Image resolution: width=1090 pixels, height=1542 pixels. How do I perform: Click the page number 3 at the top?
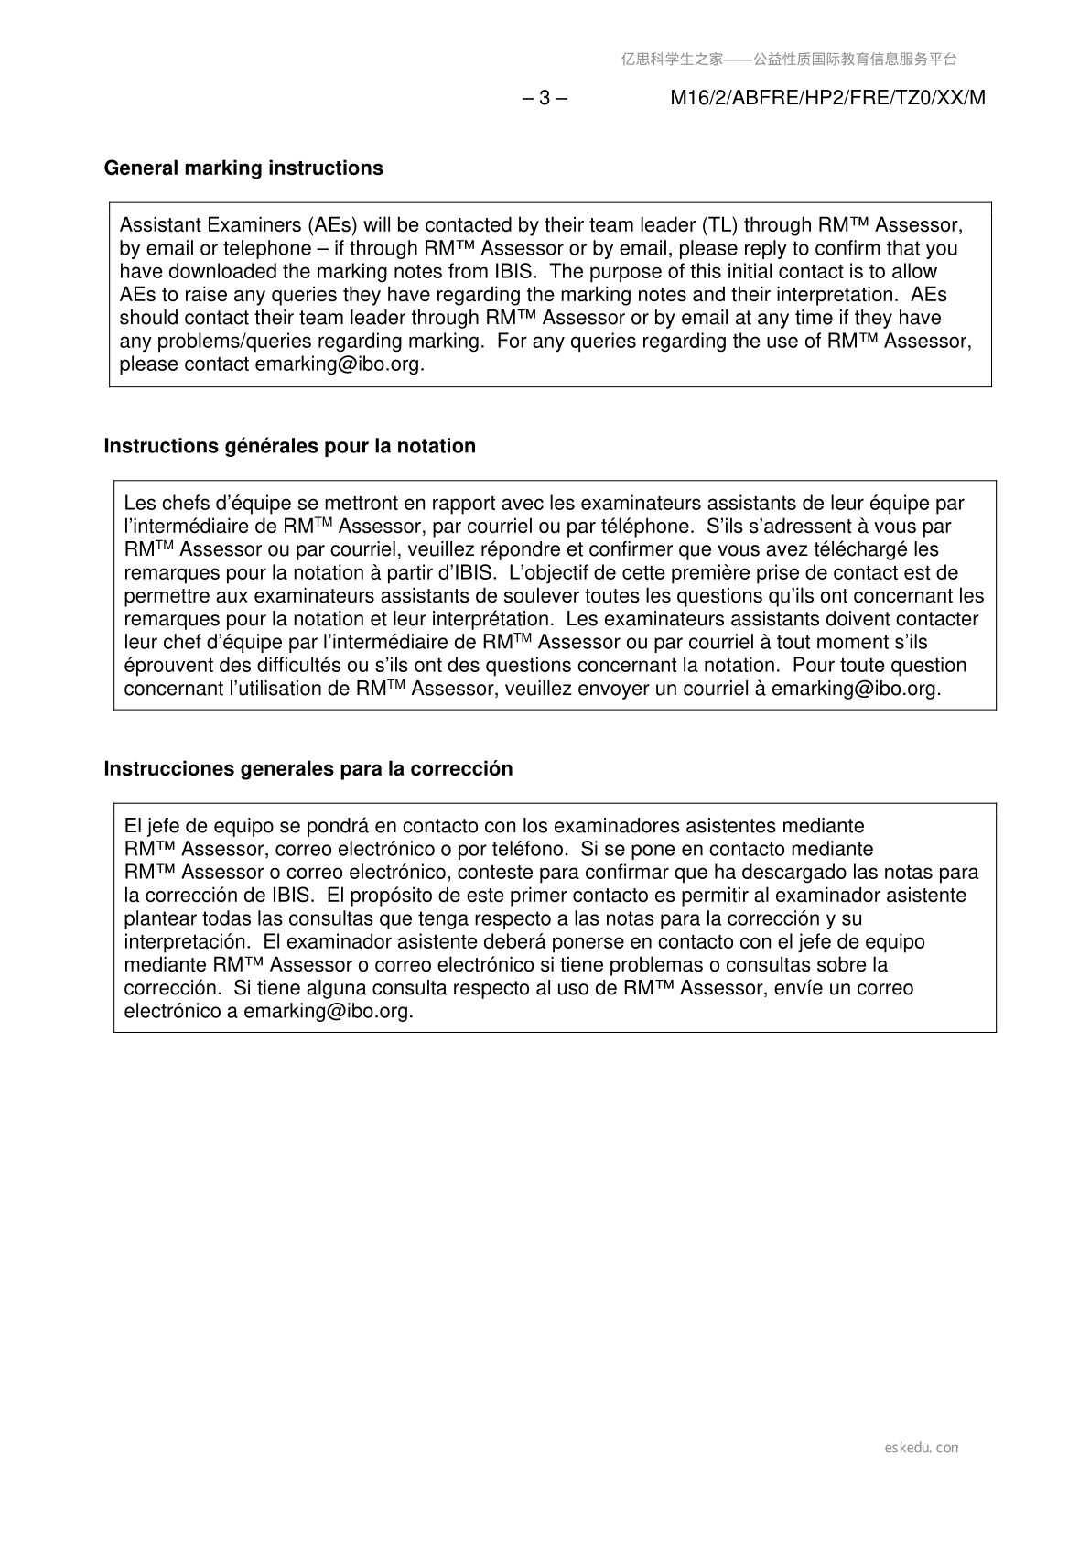click(545, 98)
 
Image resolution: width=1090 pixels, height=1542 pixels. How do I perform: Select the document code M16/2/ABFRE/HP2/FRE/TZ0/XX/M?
click(827, 98)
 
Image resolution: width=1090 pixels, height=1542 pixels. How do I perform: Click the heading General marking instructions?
click(243, 168)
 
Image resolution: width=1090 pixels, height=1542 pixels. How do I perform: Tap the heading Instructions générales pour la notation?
click(289, 446)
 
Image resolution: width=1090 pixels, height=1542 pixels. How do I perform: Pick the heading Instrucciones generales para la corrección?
click(308, 768)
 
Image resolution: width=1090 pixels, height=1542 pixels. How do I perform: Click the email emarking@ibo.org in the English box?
click(340, 364)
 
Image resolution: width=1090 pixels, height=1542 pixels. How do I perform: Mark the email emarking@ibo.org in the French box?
click(856, 689)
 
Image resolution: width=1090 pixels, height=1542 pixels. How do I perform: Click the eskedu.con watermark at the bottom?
click(922, 1448)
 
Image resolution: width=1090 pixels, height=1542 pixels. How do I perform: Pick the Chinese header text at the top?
click(789, 60)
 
